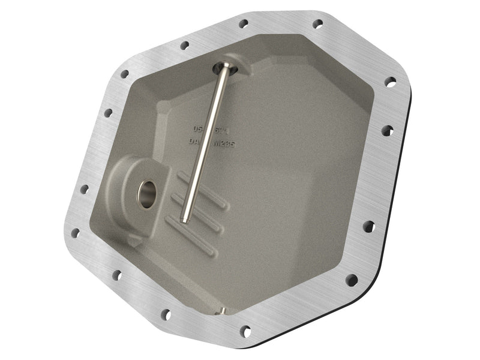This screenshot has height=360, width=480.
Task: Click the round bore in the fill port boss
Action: pyautogui.click(x=146, y=193)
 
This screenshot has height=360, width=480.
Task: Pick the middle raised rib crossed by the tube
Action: pyautogui.click(x=198, y=215)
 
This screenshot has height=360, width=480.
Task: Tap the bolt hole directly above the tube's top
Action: pyautogui.click(x=243, y=24)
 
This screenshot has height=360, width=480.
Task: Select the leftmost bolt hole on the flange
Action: pyautogui.click(x=75, y=233)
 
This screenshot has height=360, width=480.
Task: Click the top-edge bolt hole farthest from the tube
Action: pyautogui.click(x=317, y=23)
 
